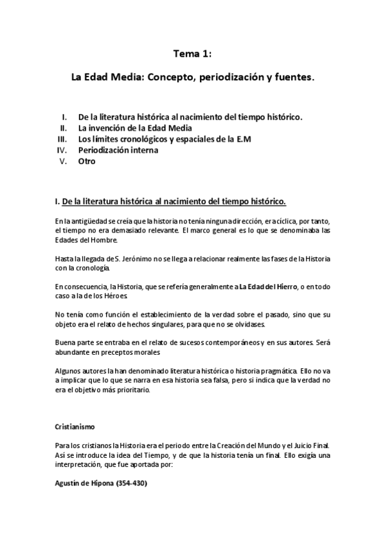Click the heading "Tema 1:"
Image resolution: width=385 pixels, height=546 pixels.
pos(193,55)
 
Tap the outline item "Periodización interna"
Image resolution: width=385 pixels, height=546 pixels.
pos(118,150)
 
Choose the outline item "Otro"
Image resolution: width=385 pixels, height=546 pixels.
pos(87,161)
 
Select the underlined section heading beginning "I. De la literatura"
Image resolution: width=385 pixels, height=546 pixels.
pos(171,201)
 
